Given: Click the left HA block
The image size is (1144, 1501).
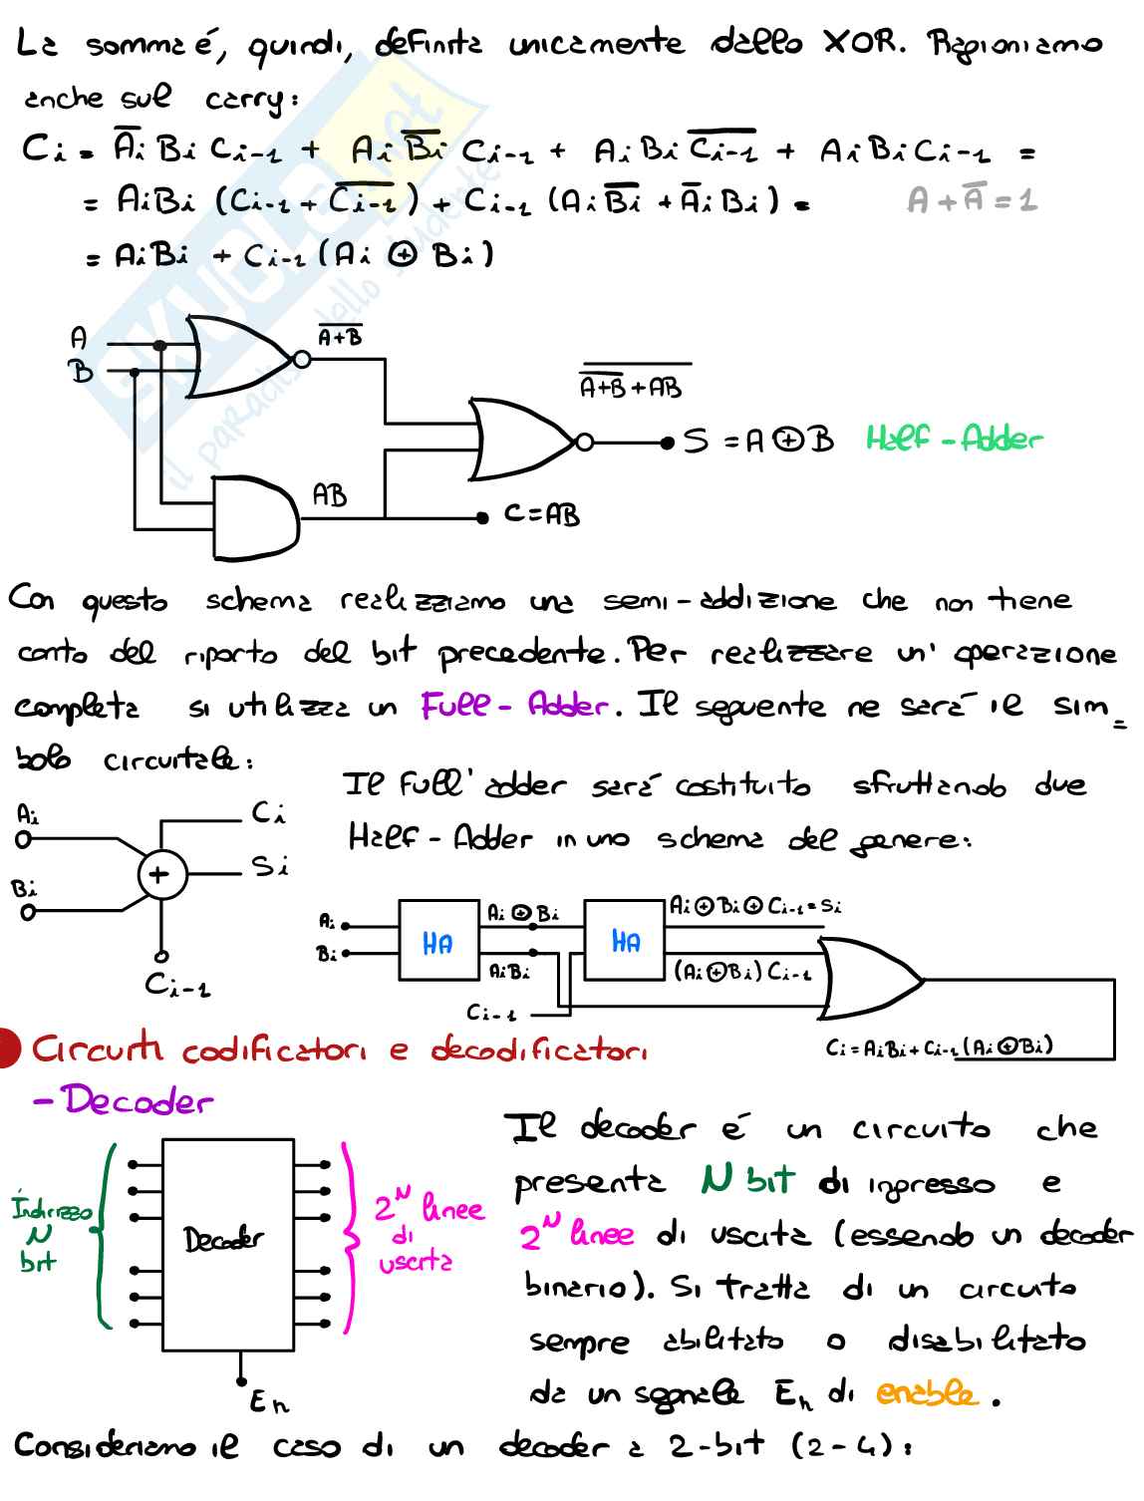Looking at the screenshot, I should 437,941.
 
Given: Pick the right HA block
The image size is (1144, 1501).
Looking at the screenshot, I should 625,941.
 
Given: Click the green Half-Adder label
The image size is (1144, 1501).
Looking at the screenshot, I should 953,439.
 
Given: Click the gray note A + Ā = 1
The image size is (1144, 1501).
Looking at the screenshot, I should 971,201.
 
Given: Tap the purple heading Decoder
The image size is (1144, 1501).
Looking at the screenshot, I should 124,1100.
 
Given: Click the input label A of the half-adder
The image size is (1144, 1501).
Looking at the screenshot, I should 79,339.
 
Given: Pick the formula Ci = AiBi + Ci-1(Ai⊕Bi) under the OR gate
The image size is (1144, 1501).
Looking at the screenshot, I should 939,1048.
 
